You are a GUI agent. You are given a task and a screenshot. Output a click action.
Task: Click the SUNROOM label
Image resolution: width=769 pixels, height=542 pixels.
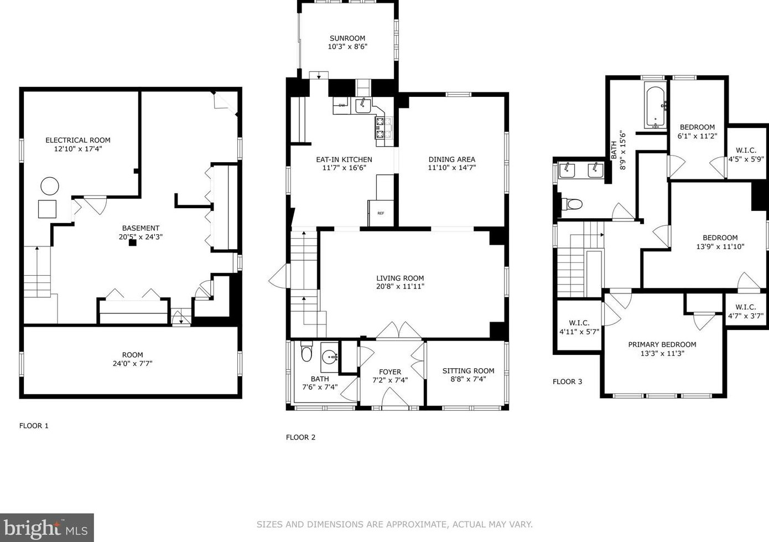pyautogui.click(x=347, y=38)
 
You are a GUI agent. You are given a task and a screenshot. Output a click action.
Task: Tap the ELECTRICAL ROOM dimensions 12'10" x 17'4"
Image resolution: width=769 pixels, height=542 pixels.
pyautogui.click(x=78, y=149)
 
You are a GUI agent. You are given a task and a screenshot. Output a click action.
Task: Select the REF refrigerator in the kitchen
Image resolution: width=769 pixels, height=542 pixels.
pyautogui.click(x=381, y=213)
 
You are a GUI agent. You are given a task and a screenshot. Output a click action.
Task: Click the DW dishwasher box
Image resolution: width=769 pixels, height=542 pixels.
pyautogui.click(x=341, y=105)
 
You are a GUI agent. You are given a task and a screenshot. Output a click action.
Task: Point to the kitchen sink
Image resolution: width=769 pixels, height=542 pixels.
pyautogui.click(x=363, y=105)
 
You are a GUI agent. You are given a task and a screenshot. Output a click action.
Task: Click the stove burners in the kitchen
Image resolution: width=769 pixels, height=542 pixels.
pyautogui.click(x=384, y=127)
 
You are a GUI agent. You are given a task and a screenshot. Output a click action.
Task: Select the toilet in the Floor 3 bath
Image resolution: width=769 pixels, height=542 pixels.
pyautogui.click(x=572, y=204)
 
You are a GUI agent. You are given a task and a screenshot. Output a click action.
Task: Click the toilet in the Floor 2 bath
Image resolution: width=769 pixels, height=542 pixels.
pyautogui.click(x=306, y=352)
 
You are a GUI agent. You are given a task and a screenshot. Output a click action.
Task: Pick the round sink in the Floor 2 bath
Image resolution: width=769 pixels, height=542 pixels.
pyautogui.click(x=331, y=357)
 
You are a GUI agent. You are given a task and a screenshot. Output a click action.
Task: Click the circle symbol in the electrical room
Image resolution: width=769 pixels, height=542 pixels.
pyautogui.click(x=50, y=186)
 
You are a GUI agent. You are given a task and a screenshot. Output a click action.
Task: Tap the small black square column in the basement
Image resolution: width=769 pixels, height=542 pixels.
pyautogui.click(x=133, y=243)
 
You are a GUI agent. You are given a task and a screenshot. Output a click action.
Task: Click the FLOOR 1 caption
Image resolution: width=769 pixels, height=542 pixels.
pyautogui.click(x=34, y=426)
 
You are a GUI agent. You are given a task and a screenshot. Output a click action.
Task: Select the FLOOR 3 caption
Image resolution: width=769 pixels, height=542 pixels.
pyautogui.click(x=568, y=381)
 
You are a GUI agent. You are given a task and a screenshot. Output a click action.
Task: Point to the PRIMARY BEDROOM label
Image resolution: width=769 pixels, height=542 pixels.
pyautogui.click(x=662, y=344)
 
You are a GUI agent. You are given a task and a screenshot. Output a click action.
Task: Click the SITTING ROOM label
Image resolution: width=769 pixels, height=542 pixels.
pyautogui.click(x=468, y=370)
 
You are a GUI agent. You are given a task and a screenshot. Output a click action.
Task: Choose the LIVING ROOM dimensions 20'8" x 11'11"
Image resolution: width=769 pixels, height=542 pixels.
pyautogui.click(x=401, y=286)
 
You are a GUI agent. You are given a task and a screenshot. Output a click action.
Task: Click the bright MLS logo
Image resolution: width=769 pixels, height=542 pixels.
pyautogui.click(x=46, y=528)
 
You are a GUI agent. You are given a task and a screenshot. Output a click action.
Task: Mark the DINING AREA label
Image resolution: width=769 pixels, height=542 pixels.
pyautogui.click(x=452, y=159)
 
